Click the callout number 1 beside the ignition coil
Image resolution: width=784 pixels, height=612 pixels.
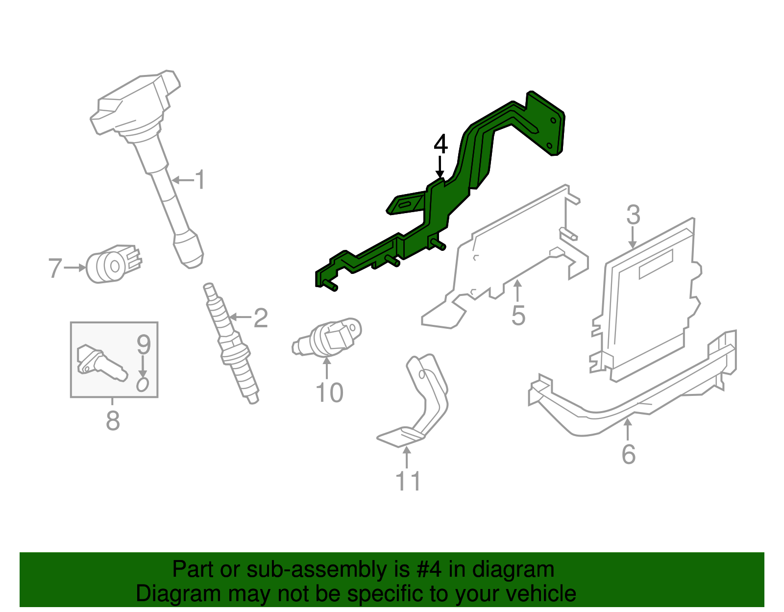(x=200, y=180)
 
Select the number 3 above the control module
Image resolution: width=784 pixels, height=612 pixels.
(x=633, y=215)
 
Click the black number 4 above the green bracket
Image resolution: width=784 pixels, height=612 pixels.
(x=441, y=145)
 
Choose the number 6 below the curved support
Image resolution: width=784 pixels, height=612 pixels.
(x=628, y=454)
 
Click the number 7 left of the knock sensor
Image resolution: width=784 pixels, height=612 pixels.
(x=55, y=268)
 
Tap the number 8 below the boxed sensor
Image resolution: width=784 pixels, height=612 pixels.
(x=113, y=420)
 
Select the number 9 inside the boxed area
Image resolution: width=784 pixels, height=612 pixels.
(x=143, y=344)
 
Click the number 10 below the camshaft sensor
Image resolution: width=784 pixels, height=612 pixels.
(x=329, y=392)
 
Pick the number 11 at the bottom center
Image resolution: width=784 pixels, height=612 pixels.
(x=408, y=481)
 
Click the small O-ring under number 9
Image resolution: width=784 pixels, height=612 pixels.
(x=142, y=385)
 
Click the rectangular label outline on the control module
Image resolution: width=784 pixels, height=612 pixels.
(x=655, y=264)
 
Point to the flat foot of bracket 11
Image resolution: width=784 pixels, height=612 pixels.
(x=399, y=437)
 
